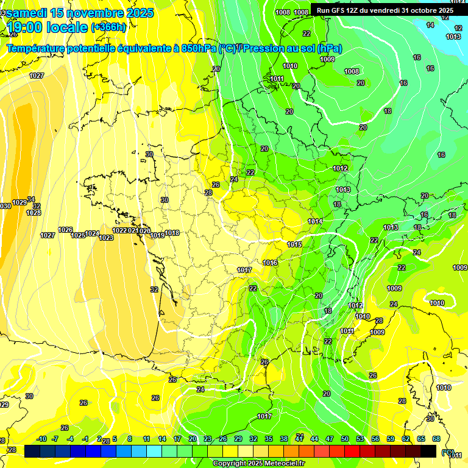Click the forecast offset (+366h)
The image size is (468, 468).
pyautogui.click(x=108, y=27)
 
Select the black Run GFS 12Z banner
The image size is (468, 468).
pyautogui.click(x=385, y=10)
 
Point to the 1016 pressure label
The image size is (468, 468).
pyautogui.click(x=271, y=263)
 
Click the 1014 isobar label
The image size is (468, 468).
pyautogui.click(x=315, y=221)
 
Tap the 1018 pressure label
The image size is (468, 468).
pyautogui.click(x=172, y=233)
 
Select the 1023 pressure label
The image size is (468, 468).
pyautogui.click(x=106, y=238)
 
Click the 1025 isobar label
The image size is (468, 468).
pyautogui.click(x=78, y=235)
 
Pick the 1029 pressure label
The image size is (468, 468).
pyautogui.click(x=19, y=202)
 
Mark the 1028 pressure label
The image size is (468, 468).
pyautogui.click(x=34, y=213)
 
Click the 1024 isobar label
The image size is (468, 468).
pyautogui.click(x=92, y=233)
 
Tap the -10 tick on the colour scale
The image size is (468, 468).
pyautogui.click(x=41, y=439)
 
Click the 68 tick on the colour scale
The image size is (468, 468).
pyautogui.click(x=436, y=439)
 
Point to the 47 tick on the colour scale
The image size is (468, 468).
pyautogui.click(x=330, y=439)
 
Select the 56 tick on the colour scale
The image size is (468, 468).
pyautogui.click(x=375, y=439)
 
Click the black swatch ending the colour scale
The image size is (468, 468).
pyautogui.click(x=428, y=451)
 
